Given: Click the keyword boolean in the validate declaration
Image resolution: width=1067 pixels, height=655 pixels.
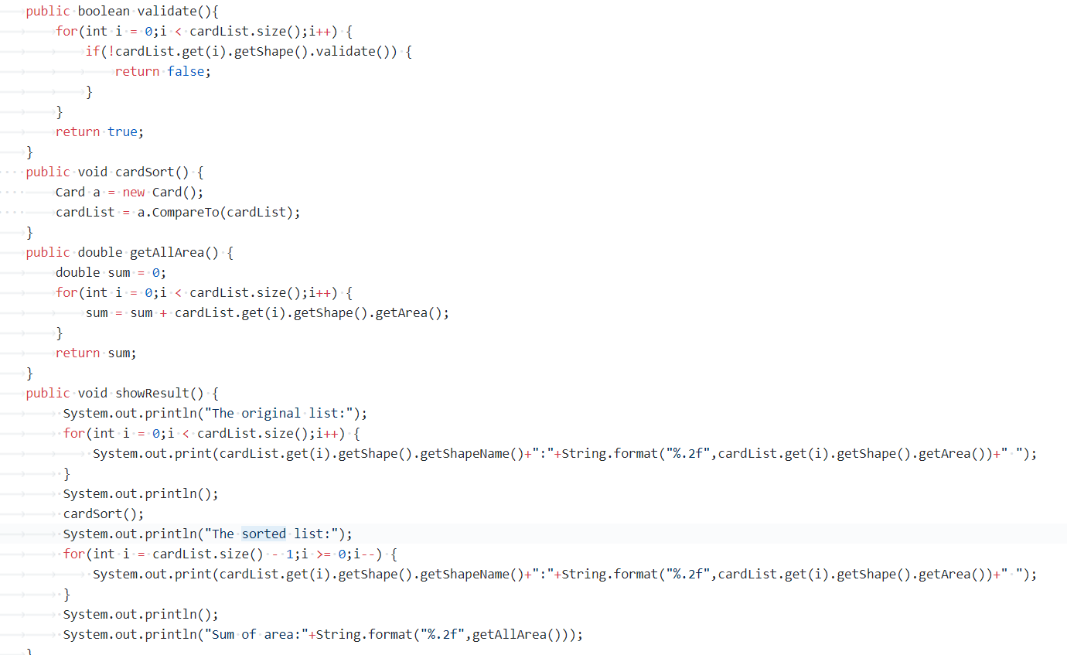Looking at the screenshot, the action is click(104, 11).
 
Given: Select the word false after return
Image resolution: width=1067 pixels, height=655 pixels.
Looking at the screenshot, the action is click(186, 71).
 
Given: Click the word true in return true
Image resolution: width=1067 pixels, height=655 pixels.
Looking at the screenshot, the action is click(122, 131).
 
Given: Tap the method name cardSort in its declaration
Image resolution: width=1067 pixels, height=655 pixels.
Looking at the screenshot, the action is click(145, 172).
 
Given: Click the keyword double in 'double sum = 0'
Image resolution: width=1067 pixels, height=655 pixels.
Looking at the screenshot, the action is click(77, 272).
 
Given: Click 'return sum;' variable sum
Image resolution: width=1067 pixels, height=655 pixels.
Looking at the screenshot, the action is click(119, 353).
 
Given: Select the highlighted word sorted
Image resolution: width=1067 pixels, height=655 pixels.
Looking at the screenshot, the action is click(264, 534).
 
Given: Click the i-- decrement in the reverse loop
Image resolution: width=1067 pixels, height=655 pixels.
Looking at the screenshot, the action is click(367, 554).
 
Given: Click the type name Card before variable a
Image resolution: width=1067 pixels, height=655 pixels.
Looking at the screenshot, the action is click(70, 192).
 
